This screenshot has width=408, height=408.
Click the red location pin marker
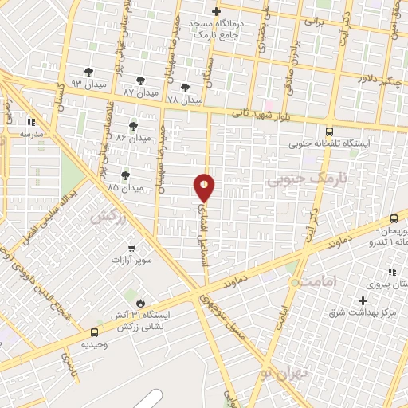click(x=205, y=188)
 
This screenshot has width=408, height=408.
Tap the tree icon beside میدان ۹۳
click(x=88, y=72)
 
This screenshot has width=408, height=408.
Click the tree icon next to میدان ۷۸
click(x=186, y=88)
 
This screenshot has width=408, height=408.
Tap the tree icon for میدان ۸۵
click(x=125, y=175)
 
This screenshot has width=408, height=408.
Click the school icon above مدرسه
click(x=32, y=122)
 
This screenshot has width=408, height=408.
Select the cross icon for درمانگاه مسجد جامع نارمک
click(x=216, y=11)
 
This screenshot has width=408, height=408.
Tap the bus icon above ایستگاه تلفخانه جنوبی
click(x=329, y=131)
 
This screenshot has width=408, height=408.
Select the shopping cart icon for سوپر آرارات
click(x=131, y=249)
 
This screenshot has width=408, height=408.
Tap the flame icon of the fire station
click(x=140, y=303)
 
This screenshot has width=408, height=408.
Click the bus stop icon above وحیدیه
click(x=94, y=331)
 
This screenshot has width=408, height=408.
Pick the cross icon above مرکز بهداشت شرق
click(x=363, y=300)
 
